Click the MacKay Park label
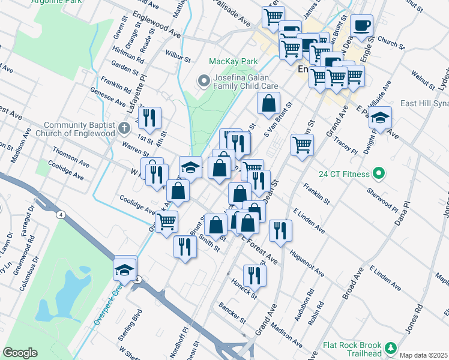point(233,61)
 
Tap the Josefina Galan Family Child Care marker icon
point(203,80)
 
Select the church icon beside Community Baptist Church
point(124,127)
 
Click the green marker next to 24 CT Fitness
point(378,175)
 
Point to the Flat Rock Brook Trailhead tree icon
point(391,348)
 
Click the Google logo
point(20,353)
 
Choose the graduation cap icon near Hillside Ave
point(380,118)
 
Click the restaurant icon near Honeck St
point(255,275)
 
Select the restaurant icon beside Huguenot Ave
point(280,230)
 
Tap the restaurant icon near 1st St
point(148,118)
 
